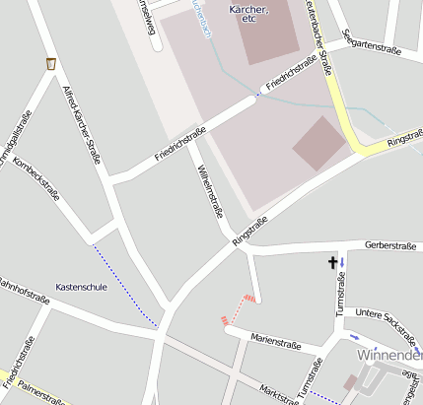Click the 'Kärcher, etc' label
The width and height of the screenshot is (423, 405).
(247, 14)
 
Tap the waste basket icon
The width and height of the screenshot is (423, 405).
(50, 64)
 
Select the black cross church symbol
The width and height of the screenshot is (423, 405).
(332, 262)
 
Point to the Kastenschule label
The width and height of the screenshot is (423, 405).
(81, 287)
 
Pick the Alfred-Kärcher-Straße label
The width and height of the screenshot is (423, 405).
(82, 124)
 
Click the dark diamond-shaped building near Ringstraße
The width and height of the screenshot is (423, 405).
(319, 143)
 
